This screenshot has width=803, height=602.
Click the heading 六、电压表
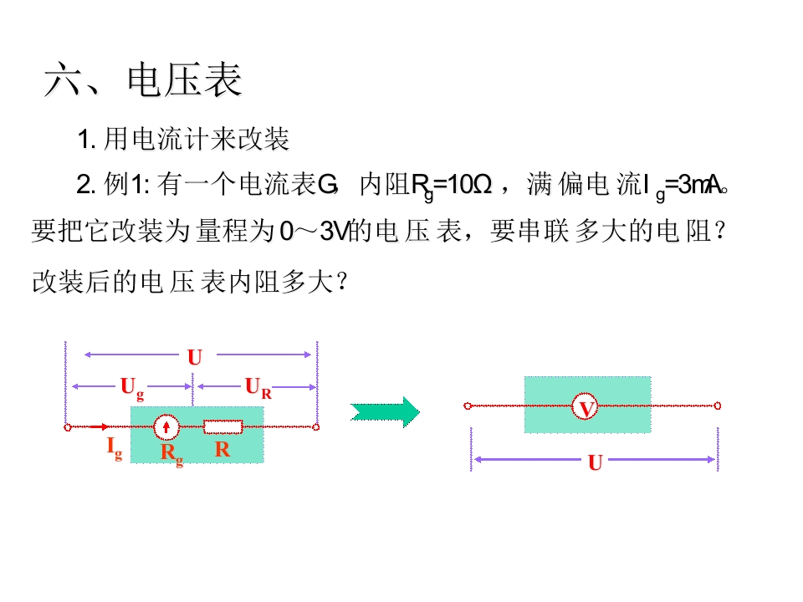pos(143,81)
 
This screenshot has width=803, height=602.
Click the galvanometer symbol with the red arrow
pos(168,427)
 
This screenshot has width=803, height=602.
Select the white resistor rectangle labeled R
pos(223,427)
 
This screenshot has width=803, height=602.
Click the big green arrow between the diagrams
pos(384,411)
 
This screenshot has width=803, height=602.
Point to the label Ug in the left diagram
pos(132,386)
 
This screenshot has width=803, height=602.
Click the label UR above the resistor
pos(258,386)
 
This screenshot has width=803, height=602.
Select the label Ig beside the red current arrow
pos(114,448)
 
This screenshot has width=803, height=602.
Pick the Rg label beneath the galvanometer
pos(171,454)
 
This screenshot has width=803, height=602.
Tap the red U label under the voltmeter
pos(595,462)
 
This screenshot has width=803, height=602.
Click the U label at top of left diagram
pos(194,358)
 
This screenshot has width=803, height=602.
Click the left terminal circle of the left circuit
pos(67,427)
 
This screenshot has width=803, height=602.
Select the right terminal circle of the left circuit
pos(316,427)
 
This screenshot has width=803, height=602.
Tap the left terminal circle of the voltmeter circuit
pos(468,406)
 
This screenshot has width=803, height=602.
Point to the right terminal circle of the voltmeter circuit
pos(718,406)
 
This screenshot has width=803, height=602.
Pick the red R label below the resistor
pos(222,449)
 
